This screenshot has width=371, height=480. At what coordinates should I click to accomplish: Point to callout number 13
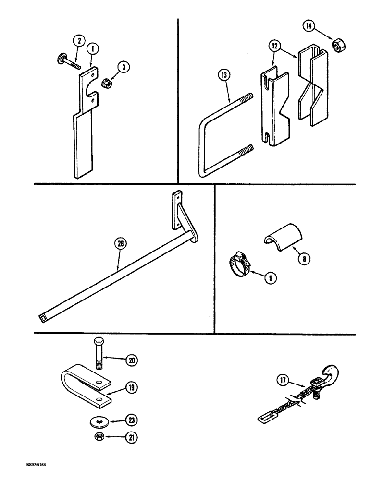click(x=224, y=76)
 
